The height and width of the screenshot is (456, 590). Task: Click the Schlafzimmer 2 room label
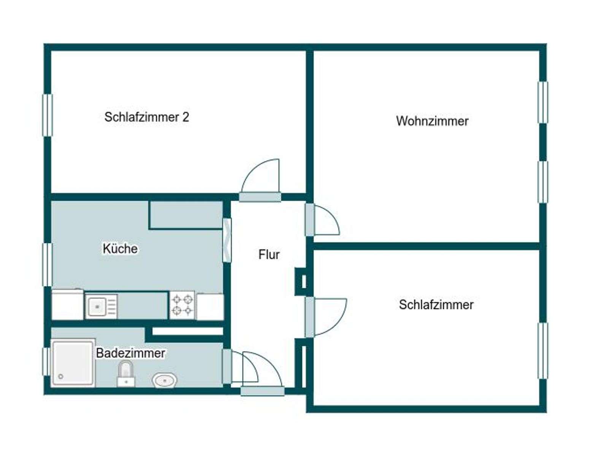(x=146, y=117)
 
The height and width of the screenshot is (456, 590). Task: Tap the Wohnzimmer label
(x=432, y=121)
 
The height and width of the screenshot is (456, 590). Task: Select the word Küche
(x=120, y=249)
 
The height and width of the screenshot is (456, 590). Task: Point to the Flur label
(x=269, y=254)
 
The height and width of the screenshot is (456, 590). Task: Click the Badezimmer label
(x=130, y=353)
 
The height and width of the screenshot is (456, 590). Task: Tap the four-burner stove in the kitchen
(x=182, y=305)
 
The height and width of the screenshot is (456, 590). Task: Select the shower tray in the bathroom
(x=73, y=363)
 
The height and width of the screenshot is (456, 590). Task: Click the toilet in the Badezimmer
(x=126, y=374)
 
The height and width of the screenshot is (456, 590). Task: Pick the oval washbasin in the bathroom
(x=164, y=380)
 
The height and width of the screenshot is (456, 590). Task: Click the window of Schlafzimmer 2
(x=47, y=115)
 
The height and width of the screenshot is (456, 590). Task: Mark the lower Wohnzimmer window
(x=543, y=182)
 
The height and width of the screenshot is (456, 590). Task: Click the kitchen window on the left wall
(x=47, y=264)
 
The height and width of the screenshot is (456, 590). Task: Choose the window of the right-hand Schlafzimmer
(x=543, y=351)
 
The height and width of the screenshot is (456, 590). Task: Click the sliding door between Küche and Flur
(x=227, y=240)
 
